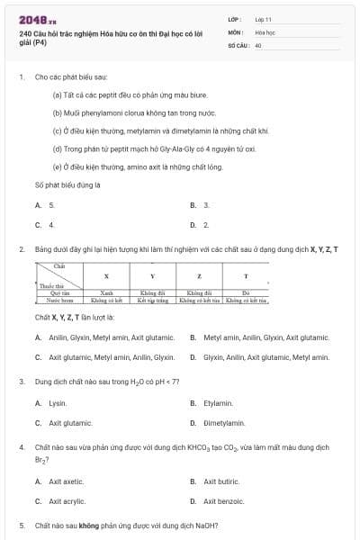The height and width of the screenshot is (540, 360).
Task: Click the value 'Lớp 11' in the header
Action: (264, 18)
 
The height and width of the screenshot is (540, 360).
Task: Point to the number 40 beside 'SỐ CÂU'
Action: (258, 44)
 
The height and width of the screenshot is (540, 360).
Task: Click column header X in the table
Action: (106, 275)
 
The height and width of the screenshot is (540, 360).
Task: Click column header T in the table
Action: (245, 275)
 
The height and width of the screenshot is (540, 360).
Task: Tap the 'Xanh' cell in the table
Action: (106, 292)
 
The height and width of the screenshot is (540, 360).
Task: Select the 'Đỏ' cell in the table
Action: (245, 292)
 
